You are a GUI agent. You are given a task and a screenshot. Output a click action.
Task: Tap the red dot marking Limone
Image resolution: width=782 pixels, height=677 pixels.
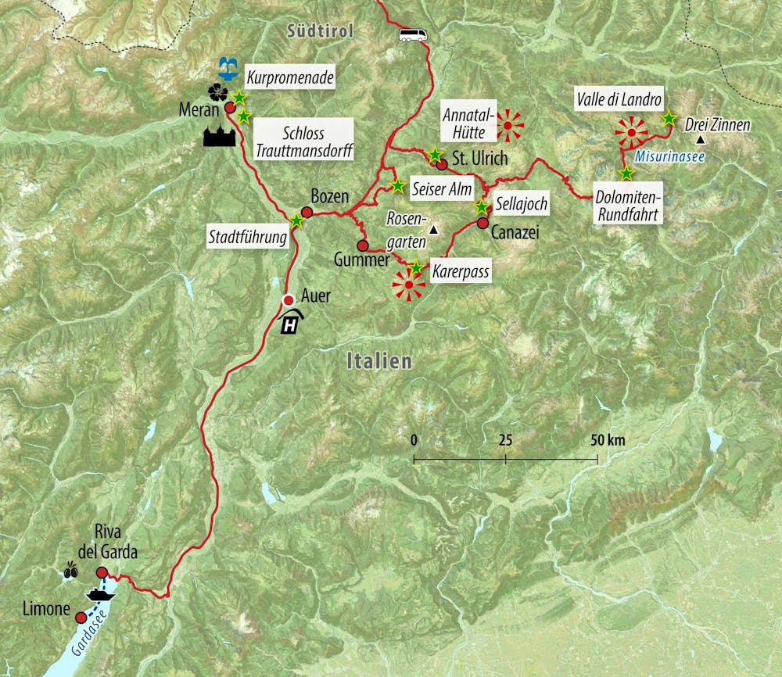(x=81, y=618)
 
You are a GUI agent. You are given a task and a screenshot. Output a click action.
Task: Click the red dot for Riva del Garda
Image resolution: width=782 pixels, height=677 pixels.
(x=102, y=573)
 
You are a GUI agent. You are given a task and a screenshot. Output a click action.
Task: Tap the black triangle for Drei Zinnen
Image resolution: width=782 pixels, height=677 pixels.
(x=701, y=139)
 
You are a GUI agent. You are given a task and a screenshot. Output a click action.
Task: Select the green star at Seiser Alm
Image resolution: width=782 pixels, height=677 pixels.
(x=398, y=186)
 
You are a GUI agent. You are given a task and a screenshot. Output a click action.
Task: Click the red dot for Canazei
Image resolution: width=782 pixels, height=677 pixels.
(x=482, y=223)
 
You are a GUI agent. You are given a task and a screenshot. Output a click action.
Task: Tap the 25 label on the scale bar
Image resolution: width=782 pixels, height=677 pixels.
(x=505, y=439)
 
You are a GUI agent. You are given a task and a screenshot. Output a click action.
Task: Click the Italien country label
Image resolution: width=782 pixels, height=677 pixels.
(x=378, y=361)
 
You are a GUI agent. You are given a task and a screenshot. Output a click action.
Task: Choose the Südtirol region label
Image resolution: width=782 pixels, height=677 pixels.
(x=321, y=31)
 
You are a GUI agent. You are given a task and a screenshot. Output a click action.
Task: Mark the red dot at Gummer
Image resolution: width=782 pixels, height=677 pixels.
(x=363, y=245)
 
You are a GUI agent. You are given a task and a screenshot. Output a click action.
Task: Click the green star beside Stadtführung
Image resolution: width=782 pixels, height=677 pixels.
(x=296, y=221)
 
